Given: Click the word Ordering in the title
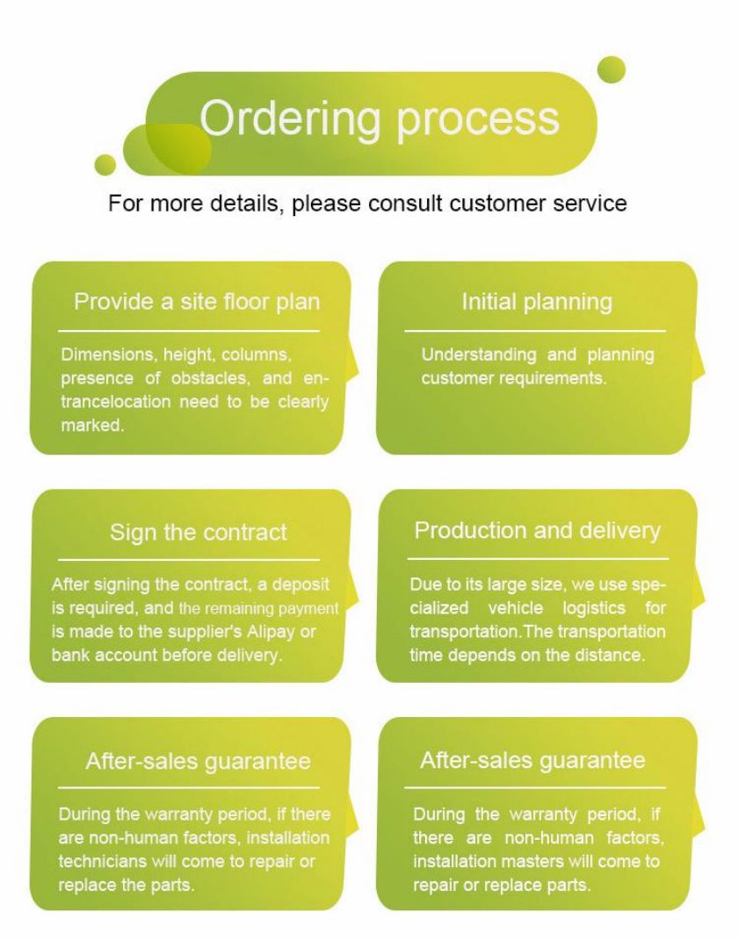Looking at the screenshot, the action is point(291,119).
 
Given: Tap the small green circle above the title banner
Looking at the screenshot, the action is point(611,69).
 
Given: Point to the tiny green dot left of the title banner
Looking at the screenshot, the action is point(105,165).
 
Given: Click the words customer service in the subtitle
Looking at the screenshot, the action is point(538,204).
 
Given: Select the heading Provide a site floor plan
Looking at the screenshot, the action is point(197,302).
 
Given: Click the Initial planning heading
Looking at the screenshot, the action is point(537,302).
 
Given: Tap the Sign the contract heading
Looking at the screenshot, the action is point(198,533).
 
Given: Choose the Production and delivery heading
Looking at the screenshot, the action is point(537,530).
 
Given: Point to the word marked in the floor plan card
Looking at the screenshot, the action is point(92,425).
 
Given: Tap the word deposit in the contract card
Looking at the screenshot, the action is point(301,585).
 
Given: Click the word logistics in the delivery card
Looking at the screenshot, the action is point(594,608).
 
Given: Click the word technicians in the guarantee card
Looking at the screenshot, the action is point(102,862).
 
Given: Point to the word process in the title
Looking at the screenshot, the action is point(478,122).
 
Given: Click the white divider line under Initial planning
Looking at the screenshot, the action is point(535,330).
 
